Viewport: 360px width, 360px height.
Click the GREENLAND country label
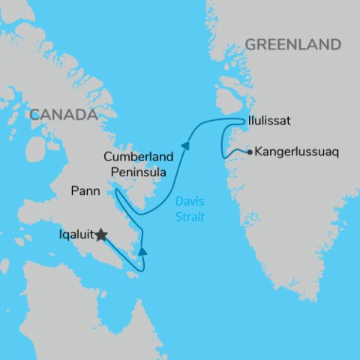point(292,45)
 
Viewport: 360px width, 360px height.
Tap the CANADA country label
point(64,115)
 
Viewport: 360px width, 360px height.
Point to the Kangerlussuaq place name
point(297,151)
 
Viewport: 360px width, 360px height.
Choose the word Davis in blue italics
point(186,201)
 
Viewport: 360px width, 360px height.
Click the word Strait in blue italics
point(186,216)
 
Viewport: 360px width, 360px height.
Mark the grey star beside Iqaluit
point(101,235)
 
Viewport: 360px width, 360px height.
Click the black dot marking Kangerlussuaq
point(250,151)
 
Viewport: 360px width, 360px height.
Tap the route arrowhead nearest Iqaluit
point(142,251)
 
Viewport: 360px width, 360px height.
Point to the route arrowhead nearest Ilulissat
point(184,146)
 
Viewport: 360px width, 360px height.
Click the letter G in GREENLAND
point(251,45)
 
